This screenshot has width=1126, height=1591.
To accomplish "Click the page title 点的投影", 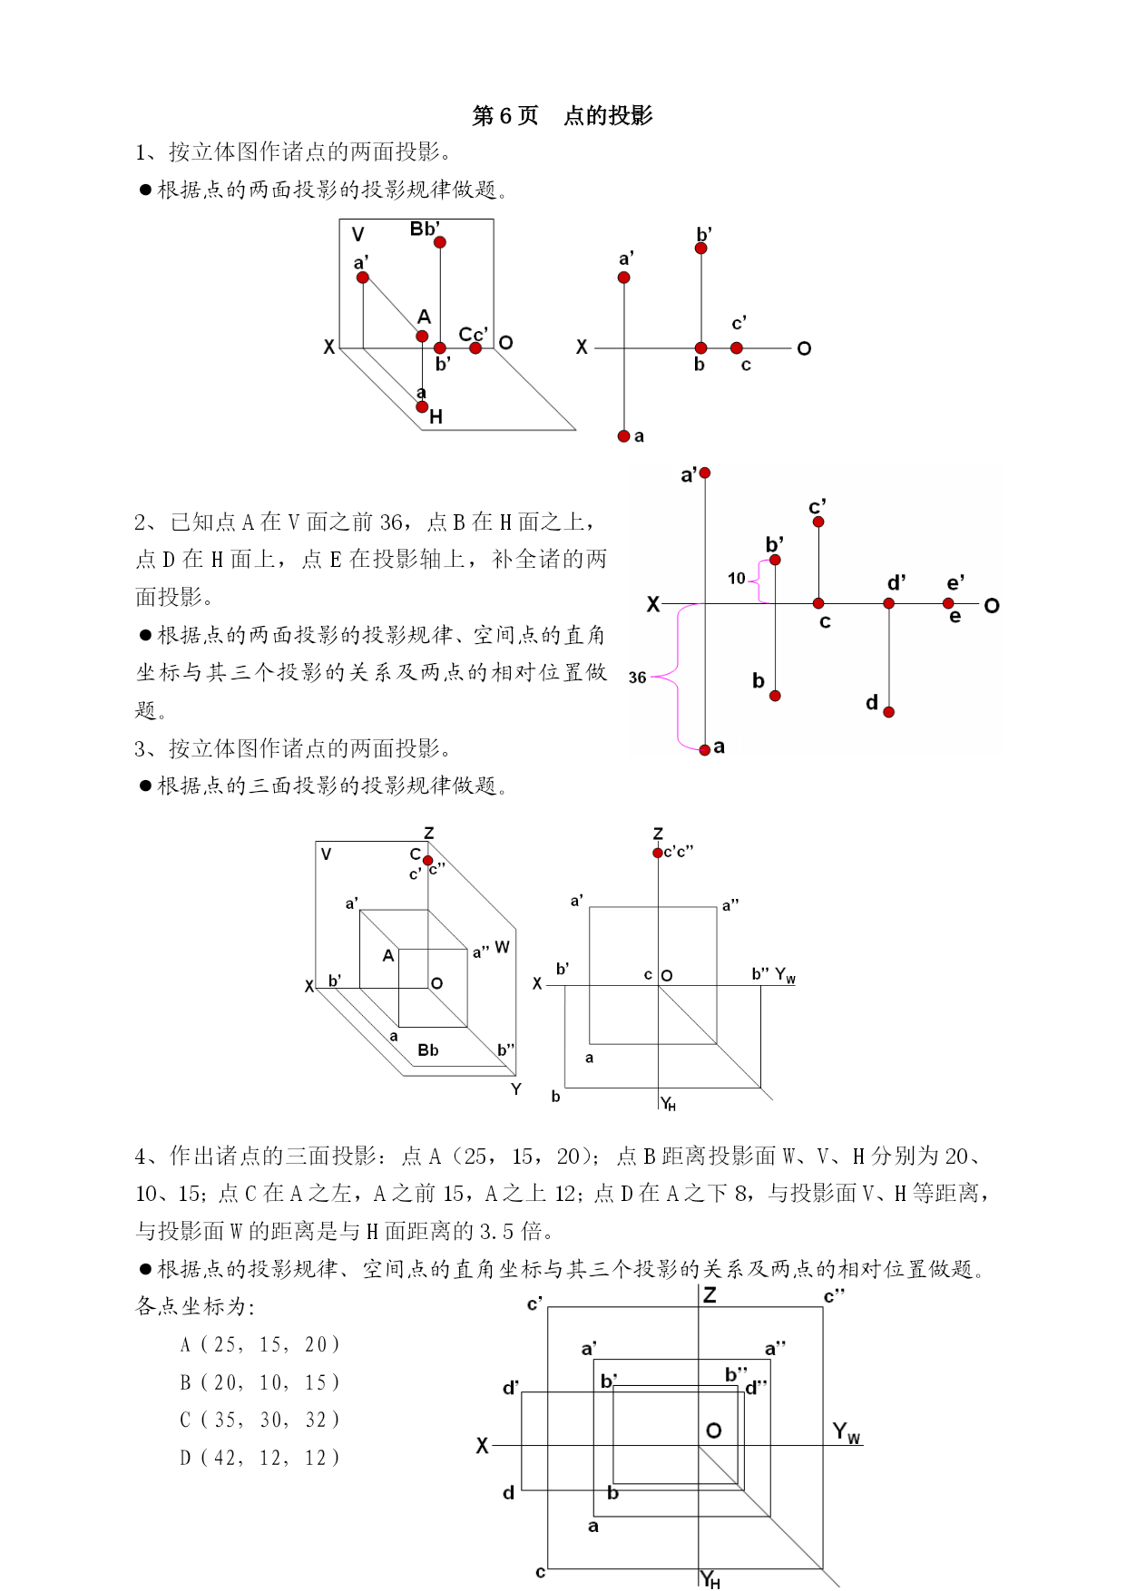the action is (x=608, y=115).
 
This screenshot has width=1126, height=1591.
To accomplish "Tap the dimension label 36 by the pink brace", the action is (x=637, y=678).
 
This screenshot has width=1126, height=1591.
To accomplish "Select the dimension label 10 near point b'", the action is (x=737, y=578).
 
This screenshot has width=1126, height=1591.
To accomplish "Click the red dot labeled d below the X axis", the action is (x=889, y=712).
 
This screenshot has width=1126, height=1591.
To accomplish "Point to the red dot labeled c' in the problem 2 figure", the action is (x=818, y=522).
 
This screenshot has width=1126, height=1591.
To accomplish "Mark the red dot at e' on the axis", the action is (x=948, y=603).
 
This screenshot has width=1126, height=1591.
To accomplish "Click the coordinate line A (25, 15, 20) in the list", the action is (x=259, y=1344).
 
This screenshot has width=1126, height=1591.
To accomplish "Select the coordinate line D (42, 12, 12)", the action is (x=259, y=1458).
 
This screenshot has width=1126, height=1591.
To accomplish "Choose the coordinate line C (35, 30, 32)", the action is (x=259, y=1420).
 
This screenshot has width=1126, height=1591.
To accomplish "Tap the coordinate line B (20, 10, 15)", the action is (x=259, y=1382).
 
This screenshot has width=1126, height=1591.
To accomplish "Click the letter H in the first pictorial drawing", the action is (x=436, y=417).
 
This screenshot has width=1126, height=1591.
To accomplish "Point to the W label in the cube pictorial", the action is (x=502, y=947).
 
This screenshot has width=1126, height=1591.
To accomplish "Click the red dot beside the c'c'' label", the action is (x=658, y=853).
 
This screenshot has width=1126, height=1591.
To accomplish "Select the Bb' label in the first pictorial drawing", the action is (x=425, y=229).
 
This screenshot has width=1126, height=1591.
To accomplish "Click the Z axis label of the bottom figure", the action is (x=710, y=1295).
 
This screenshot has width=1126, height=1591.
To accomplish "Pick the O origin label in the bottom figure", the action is (x=714, y=1430).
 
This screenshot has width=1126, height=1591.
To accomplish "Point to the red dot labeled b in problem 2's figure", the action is (x=775, y=696).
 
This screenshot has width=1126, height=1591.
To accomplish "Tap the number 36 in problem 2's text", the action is (x=391, y=522).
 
